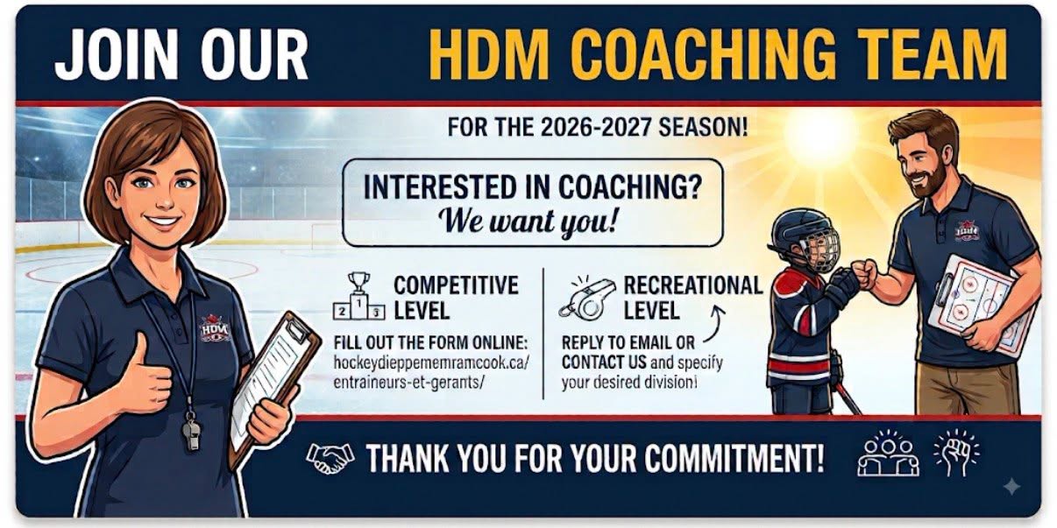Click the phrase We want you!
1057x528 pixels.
pyautogui.click(x=527, y=221)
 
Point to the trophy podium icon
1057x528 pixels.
pyautogui.click(x=359, y=296)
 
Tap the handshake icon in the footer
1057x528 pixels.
pyautogui.click(x=330, y=457)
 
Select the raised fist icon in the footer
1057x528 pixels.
pyautogui.click(x=956, y=453)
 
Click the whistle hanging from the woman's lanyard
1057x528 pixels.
pyautogui.click(x=191, y=432)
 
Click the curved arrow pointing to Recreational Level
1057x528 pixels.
pyautogui.click(x=715, y=323)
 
